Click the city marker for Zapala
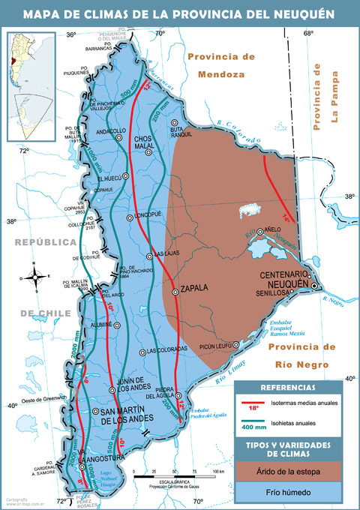[x=175, y=292]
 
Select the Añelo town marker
[x=260, y=232]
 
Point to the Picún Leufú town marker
[x=236, y=345]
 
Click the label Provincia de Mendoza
[x=221, y=65]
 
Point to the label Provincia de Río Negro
[x=298, y=355]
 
